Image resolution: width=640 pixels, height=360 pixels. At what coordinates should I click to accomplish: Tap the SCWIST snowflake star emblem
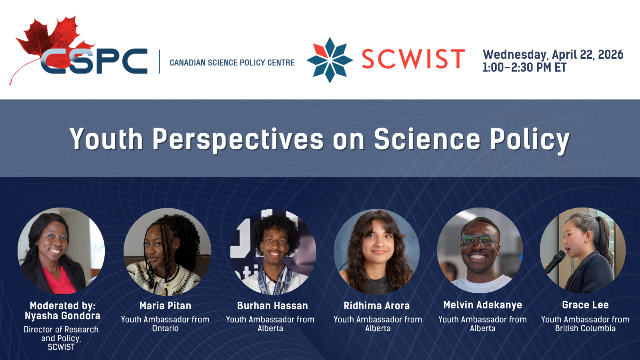[x=330, y=60]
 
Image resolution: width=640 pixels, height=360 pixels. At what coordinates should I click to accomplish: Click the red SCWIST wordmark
[x=414, y=59]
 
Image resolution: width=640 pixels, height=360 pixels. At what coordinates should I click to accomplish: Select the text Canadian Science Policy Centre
[x=232, y=62]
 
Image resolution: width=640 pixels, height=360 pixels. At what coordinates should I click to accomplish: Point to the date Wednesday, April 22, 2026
[x=553, y=54]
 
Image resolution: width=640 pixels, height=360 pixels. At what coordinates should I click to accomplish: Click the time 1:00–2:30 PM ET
[x=524, y=68]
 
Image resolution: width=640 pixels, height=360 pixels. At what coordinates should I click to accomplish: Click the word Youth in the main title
[x=106, y=139]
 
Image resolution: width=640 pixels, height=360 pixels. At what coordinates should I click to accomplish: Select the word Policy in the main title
[x=530, y=140]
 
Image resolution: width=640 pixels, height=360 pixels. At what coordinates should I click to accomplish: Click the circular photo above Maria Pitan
[x=168, y=252]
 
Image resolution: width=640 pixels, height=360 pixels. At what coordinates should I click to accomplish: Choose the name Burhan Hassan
[x=272, y=306]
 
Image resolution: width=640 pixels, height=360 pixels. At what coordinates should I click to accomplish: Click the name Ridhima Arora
[x=376, y=306]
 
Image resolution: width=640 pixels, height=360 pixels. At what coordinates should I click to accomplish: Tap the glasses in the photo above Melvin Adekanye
[x=480, y=240]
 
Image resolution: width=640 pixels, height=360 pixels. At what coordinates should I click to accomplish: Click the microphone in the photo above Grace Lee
[x=555, y=262]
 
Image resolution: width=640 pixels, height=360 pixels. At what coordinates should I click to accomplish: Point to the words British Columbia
[x=585, y=328]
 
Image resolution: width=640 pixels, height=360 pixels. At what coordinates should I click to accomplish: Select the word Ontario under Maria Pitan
[x=165, y=328]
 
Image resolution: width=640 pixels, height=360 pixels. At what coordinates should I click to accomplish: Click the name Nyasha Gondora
[x=62, y=316]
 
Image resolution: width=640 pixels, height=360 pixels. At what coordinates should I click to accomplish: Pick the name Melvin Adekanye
[x=482, y=305]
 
